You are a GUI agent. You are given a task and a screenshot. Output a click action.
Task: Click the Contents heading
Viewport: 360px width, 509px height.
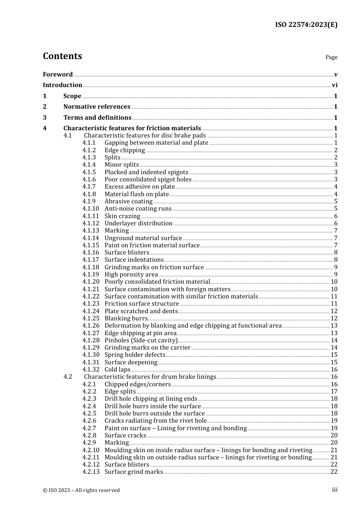pos(62,56)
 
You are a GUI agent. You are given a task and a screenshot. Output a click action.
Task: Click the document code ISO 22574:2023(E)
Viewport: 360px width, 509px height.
pos(306,25)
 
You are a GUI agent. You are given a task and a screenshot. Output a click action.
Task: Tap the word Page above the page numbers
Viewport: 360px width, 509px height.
pos(331,57)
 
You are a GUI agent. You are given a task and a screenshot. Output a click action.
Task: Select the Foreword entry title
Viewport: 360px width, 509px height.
pos(58,74)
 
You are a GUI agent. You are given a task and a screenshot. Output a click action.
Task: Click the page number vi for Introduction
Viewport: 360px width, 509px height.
pos(335,85)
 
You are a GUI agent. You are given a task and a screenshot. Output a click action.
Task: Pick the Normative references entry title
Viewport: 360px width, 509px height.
pos(97,107)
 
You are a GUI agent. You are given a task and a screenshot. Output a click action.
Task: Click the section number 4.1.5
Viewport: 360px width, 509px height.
pos(89,172)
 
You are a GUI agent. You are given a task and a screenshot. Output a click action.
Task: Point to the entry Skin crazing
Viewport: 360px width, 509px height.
pos(122,216)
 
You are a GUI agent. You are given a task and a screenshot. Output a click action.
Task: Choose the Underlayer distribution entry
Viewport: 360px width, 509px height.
pos(138,223)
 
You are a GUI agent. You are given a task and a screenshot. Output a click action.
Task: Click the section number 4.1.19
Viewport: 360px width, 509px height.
pos(91,275)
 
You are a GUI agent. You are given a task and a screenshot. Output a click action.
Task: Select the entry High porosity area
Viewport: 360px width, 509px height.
pos(131,275)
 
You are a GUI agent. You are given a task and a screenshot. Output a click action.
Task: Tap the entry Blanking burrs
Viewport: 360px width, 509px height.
pos(126,319)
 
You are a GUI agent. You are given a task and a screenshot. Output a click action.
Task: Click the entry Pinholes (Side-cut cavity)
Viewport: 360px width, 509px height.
pos(141,340)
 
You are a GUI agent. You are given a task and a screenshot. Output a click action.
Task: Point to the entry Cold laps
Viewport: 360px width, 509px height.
pos(117,370)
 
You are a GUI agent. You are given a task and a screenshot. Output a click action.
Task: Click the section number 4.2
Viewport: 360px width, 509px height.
pos(67,377)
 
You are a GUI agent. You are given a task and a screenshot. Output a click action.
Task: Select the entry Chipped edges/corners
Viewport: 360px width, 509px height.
pos(138,384)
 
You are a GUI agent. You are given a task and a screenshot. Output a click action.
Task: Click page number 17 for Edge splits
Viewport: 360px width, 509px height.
pos(334,392)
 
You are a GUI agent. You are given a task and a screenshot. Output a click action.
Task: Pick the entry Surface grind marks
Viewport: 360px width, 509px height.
pos(133,472)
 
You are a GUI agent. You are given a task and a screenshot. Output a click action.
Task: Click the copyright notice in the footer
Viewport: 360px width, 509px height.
pos(81,490)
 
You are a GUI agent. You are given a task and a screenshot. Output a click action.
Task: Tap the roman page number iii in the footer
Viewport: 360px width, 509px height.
pos(335,490)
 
